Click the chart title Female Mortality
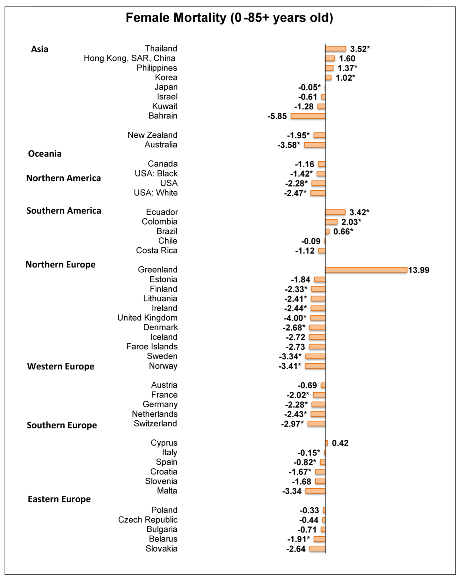pyautogui.click(x=229, y=18)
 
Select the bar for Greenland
pyautogui.click(x=366, y=270)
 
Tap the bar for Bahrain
pyautogui.click(x=308, y=116)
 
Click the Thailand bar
pyautogui.click(x=336, y=49)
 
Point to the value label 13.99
pyautogui.click(x=419, y=270)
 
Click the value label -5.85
pyautogui.click(x=277, y=116)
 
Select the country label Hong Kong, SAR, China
pyautogui.click(x=130, y=58)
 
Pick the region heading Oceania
pyautogui.click(x=45, y=154)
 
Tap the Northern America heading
pyautogui.click(x=63, y=178)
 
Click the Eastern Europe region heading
pyautogui.click(x=59, y=499)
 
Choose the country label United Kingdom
pyautogui.click(x=147, y=318)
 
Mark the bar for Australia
pyautogui.click(x=315, y=145)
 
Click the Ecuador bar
pyautogui.click(x=335, y=212)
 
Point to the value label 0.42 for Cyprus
pyautogui.click(x=340, y=443)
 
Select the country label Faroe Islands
pyautogui.click(x=152, y=347)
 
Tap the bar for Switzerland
pyautogui.click(x=316, y=424)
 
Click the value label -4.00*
pyautogui.click(x=295, y=318)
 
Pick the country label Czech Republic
pyautogui.click(x=148, y=520)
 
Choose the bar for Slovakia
pyautogui.click(x=317, y=549)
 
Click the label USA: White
pyautogui.click(x=156, y=193)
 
